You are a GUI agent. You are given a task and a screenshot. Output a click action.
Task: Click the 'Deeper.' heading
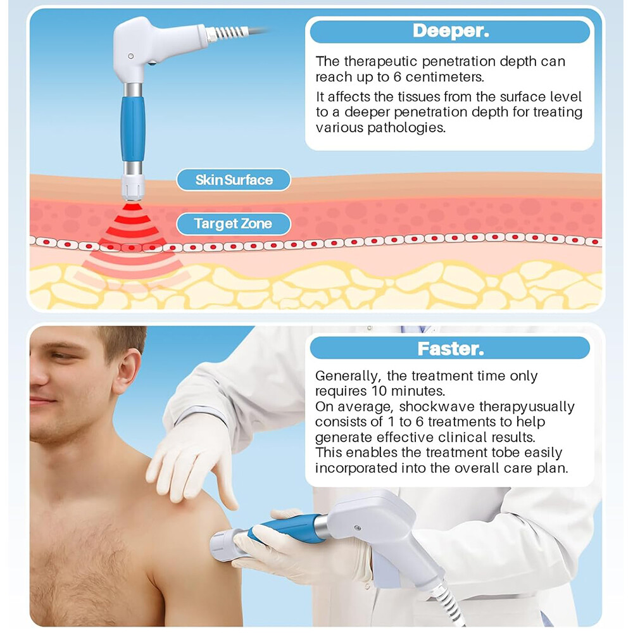pos(451,30)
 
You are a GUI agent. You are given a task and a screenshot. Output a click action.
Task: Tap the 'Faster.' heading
pos(451,349)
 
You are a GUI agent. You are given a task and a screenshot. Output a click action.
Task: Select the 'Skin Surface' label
pos(234,180)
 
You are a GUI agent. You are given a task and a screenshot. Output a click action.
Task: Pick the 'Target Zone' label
pos(233,223)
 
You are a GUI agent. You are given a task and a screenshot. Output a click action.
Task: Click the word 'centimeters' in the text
pos(444,77)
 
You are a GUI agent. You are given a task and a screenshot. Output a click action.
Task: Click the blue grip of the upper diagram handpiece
pos(132,128)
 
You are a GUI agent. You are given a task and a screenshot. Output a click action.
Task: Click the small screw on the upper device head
pos(130,56)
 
